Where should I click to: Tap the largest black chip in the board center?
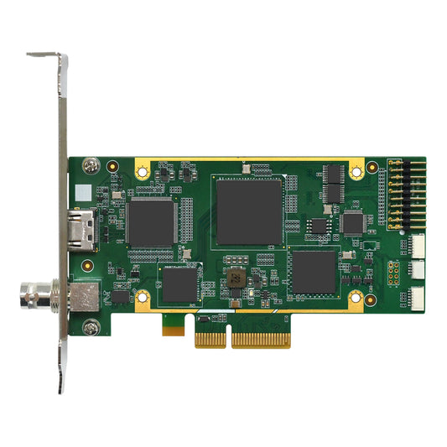[x=249, y=210]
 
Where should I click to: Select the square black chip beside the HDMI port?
[x=150, y=222]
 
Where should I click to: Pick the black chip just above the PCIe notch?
[x=179, y=283]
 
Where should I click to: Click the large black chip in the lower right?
[x=313, y=272]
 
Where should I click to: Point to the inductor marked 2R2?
[x=236, y=277]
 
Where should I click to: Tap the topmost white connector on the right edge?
[x=418, y=245]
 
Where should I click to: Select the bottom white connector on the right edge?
[x=418, y=298]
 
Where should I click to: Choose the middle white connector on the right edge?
[x=418, y=271]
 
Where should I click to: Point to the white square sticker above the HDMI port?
[x=81, y=192]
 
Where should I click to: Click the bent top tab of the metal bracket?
[x=46, y=56]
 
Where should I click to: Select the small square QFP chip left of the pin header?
[x=353, y=222]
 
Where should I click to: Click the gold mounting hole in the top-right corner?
[x=356, y=171]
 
